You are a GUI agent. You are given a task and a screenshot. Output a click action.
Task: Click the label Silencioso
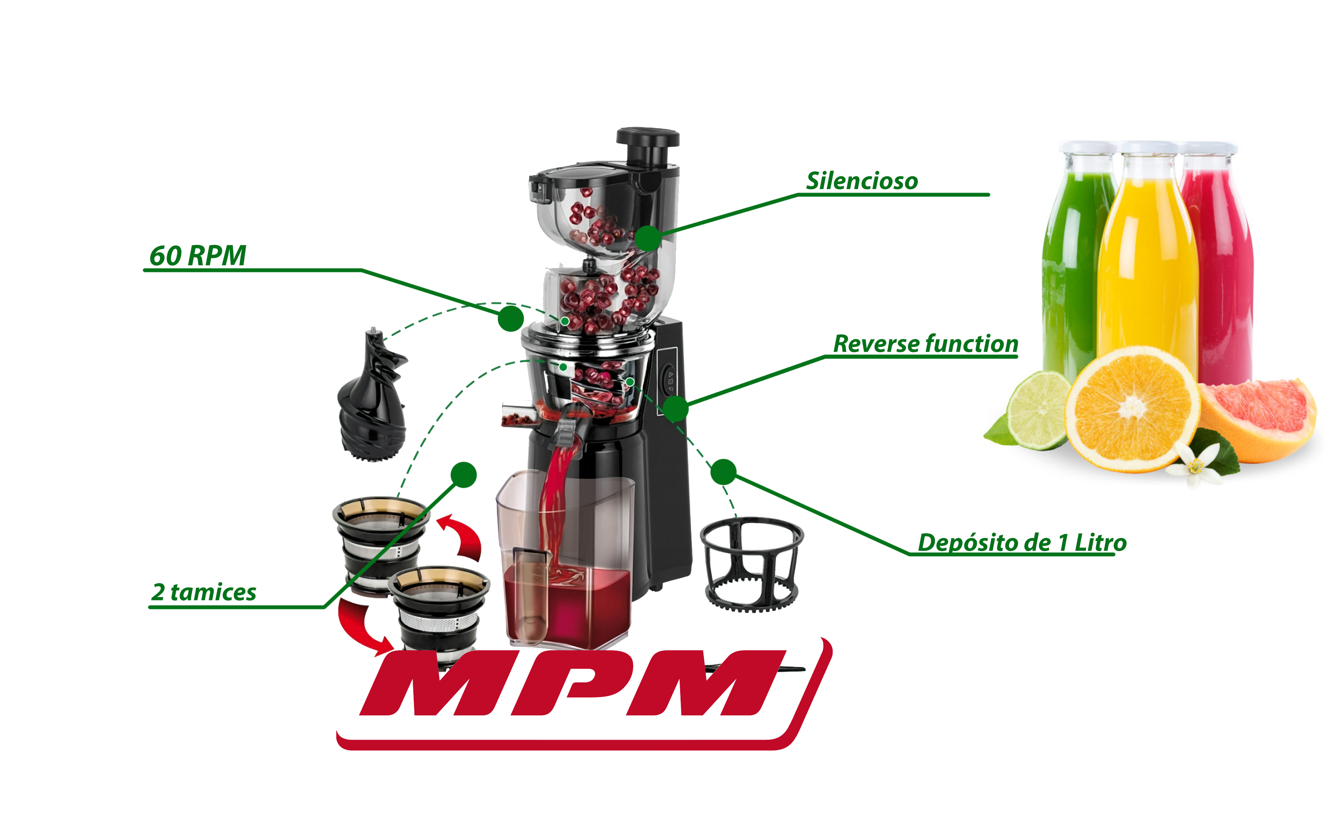pos(862,181)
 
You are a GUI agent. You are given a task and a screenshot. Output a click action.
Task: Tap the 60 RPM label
pos(198,256)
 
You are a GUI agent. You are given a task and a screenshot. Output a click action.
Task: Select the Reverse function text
pos(925,344)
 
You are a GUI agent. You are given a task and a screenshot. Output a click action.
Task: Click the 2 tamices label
pos(203,592)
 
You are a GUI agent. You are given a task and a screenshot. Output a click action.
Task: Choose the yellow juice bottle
pos(1148,255)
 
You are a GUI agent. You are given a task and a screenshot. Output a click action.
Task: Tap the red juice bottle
pos(1218,260)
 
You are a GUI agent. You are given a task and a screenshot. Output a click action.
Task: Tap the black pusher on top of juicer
pos(648,146)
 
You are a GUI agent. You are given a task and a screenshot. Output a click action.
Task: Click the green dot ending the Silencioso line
pos(648,238)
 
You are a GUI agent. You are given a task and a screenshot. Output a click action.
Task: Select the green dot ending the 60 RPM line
pos(511,318)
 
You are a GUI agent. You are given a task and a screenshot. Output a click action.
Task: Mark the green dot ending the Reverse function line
pos(675,408)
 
